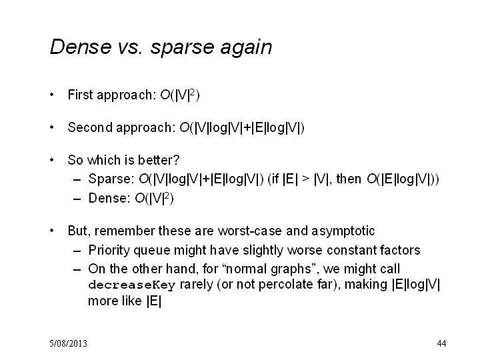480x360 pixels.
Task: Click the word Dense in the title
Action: click(x=81, y=47)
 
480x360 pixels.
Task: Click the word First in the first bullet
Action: click(x=80, y=95)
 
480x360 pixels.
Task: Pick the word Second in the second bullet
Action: click(x=90, y=127)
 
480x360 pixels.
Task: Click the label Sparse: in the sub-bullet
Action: click(x=111, y=179)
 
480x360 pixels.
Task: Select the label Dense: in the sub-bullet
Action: click(x=109, y=198)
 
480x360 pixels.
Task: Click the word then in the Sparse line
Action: click(x=349, y=179)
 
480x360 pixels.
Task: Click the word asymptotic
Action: click(x=343, y=231)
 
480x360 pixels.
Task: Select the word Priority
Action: click(x=109, y=251)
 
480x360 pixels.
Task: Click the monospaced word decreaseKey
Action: click(x=131, y=285)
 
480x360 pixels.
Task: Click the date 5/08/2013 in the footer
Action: click(x=68, y=343)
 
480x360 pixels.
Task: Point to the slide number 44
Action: click(x=441, y=343)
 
